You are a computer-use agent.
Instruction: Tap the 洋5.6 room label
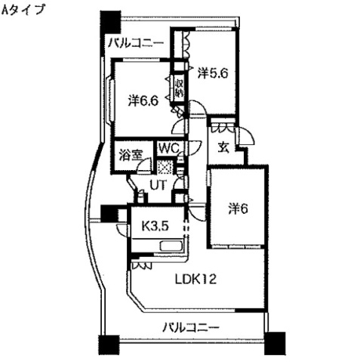[x=212, y=73]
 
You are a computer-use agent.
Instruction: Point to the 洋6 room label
[x=238, y=209]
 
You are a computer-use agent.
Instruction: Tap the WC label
[x=168, y=149]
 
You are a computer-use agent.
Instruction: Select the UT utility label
[x=157, y=184]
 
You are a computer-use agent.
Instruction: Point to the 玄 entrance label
[x=224, y=147]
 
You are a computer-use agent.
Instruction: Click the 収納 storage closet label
[x=180, y=88]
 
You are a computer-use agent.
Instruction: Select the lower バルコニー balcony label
[x=192, y=327]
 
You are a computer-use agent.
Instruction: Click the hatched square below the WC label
[x=168, y=167]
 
